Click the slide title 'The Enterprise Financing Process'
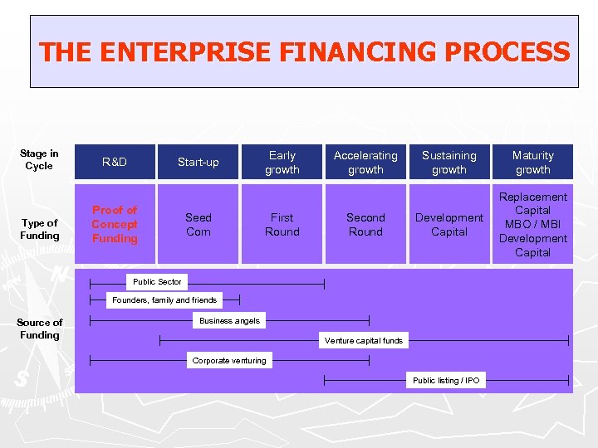pos(304,52)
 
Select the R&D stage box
pos(115,162)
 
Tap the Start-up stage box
pos(199,162)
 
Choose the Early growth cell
pos(282,162)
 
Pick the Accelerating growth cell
pos(365,162)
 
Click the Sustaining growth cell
pos(449,162)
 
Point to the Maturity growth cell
pos(532,162)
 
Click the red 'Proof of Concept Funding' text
pos(115,224)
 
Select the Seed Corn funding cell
pos(199,225)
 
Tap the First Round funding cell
pos(282,225)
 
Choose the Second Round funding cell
pos(365,225)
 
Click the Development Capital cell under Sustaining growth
pos(449,225)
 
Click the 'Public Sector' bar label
pos(157,282)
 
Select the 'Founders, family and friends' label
pos(164,300)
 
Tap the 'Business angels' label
pos(229,320)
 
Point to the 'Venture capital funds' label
pos(364,340)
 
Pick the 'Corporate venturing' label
pos(229,360)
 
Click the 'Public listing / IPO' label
pos(446,380)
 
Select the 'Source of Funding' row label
pos(40,329)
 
